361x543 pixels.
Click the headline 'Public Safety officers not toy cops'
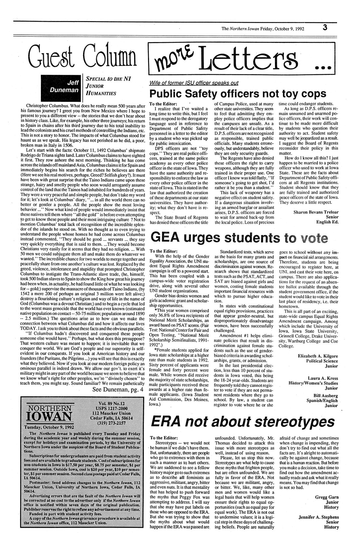(237, 94)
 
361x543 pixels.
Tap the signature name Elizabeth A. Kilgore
(318, 356)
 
